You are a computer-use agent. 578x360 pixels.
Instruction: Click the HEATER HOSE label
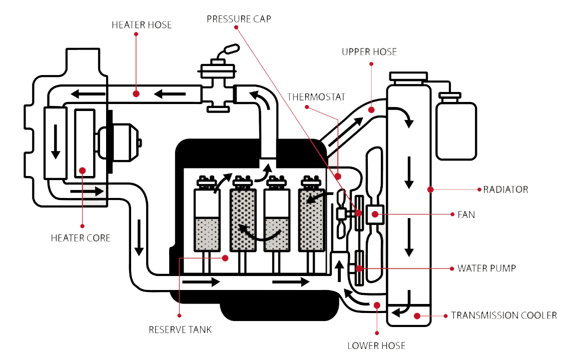pyautogui.click(x=142, y=24)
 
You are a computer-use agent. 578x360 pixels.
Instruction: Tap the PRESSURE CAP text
pyautogui.click(x=239, y=19)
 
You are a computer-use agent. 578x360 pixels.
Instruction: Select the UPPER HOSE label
pyautogui.click(x=369, y=52)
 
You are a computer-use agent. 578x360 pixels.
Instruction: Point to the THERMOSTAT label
pyautogui.click(x=316, y=97)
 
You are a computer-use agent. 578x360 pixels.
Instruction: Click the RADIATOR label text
pyautogui.click(x=505, y=189)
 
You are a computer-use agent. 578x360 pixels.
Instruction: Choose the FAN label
pyautogui.click(x=466, y=214)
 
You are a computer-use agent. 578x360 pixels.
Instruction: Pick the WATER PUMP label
pyautogui.click(x=486, y=268)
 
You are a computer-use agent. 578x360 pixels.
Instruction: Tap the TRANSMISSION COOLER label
pyautogui.click(x=504, y=315)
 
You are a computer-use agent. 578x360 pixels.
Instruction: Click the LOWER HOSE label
pyautogui.click(x=377, y=345)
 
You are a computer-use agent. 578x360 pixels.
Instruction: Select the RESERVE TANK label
pyautogui.click(x=180, y=330)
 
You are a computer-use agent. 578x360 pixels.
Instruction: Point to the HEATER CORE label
pyautogui.click(x=81, y=238)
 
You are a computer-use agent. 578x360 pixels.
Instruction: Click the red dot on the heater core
pyautogui.click(x=83, y=170)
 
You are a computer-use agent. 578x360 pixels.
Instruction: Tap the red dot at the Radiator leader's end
pyautogui.click(x=430, y=189)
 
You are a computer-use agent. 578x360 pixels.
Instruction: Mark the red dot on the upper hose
pyautogui.click(x=371, y=109)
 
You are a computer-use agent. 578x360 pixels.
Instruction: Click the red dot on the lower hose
pyautogui.click(x=377, y=304)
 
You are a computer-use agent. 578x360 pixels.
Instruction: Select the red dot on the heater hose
pyautogui.click(x=136, y=93)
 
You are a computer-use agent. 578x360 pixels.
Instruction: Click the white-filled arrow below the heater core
pyautogui.click(x=88, y=191)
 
